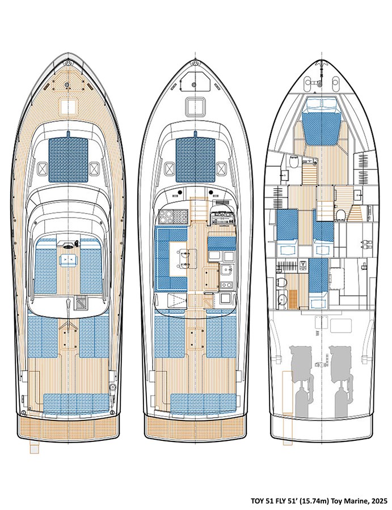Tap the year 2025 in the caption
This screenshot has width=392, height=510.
[x=376, y=501]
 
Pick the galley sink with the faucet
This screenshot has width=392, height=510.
[x=224, y=270]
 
